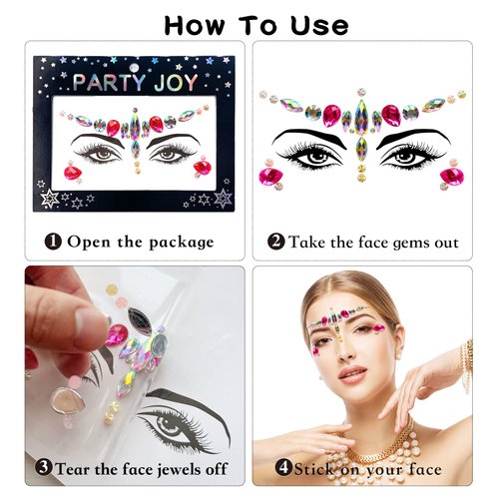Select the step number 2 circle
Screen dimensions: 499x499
pos(276,241)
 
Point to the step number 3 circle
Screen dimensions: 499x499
pos(44,467)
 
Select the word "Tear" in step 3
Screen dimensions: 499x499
pos(77,468)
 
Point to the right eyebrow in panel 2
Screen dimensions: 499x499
pos(407,135)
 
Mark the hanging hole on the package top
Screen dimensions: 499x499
pos(137,62)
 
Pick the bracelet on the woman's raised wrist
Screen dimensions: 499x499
pos(465,359)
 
